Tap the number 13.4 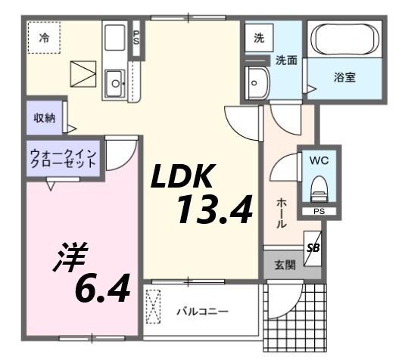214,209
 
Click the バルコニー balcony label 203,311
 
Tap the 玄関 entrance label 285,265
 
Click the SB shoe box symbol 313,247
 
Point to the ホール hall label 280,213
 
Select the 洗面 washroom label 285,60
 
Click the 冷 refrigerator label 44,38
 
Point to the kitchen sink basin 115,80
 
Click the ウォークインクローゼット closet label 63,160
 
